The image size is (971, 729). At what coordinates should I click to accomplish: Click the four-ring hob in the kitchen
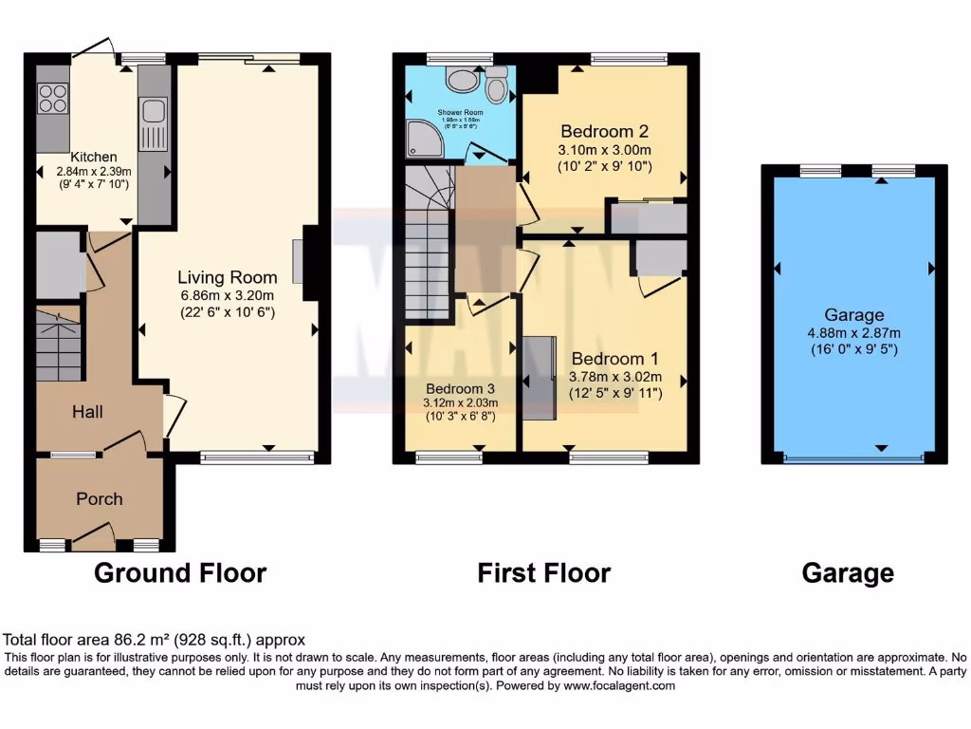[x=53, y=98]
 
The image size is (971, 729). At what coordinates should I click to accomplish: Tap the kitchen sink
[x=152, y=123]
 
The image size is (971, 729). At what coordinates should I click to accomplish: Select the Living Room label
[x=228, y=277]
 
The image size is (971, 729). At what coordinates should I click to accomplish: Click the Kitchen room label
[x=94, y=157]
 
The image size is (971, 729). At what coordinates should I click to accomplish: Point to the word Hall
[x=86, y=412]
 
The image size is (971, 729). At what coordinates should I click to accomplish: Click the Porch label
[x=100, y=499]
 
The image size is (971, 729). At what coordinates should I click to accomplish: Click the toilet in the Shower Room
[x=496, y=87]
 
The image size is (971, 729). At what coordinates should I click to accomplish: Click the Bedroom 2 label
[x=604, y=131]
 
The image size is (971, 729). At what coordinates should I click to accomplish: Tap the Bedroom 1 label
[x=614, y=359]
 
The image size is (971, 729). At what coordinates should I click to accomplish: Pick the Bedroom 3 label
[x=461, y=388]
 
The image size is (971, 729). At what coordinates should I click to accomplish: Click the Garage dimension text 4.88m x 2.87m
[x=854, y=332]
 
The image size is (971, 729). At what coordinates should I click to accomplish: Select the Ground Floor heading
[x=180, y=573]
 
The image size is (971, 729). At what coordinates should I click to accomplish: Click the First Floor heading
[x=543, y=573]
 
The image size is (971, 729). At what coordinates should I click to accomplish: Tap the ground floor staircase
[x=60, y=344]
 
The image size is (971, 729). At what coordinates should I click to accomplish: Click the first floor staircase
[x=427, y=242]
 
